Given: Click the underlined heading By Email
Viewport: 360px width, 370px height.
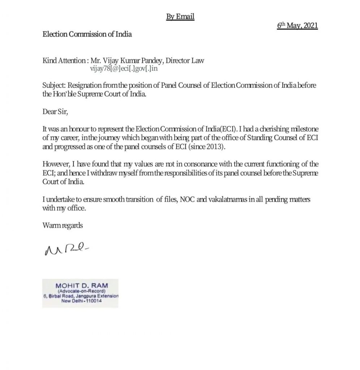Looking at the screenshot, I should click(180, 17).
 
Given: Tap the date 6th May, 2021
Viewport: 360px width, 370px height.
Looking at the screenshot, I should click(297, 26).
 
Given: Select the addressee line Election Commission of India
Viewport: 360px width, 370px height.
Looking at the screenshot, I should click(87, 34).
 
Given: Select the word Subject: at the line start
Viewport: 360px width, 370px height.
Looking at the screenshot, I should click(54, 86).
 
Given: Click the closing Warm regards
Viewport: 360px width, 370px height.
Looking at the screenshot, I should click(63, 225).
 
